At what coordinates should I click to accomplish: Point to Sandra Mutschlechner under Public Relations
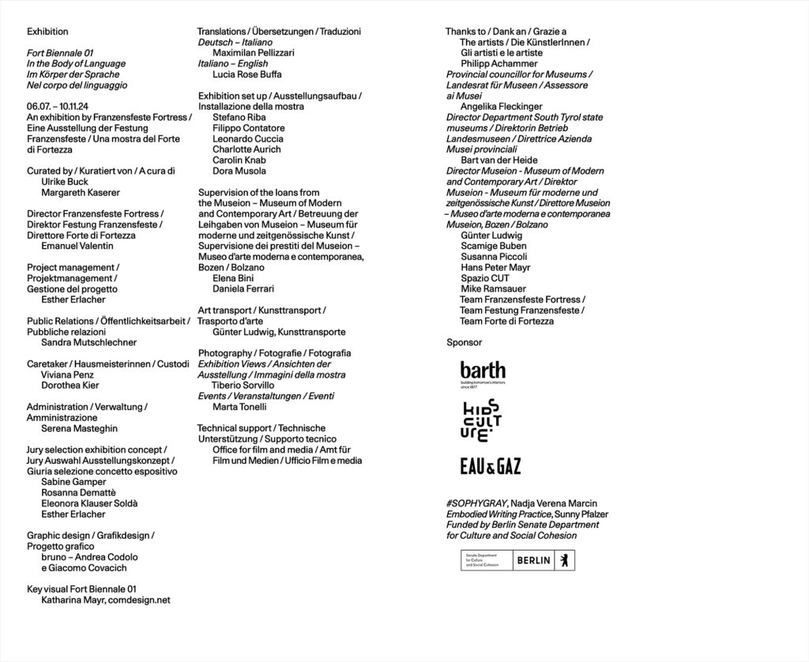coord(88,342)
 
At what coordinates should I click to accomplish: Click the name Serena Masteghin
coord(78,427)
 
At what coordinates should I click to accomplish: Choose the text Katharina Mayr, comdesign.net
coord(106,600)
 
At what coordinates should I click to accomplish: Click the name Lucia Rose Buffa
coord(246,73)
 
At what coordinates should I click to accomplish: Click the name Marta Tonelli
coord(239,407)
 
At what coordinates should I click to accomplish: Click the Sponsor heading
coord(464,342)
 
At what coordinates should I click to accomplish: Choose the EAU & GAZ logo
coord(490,467)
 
